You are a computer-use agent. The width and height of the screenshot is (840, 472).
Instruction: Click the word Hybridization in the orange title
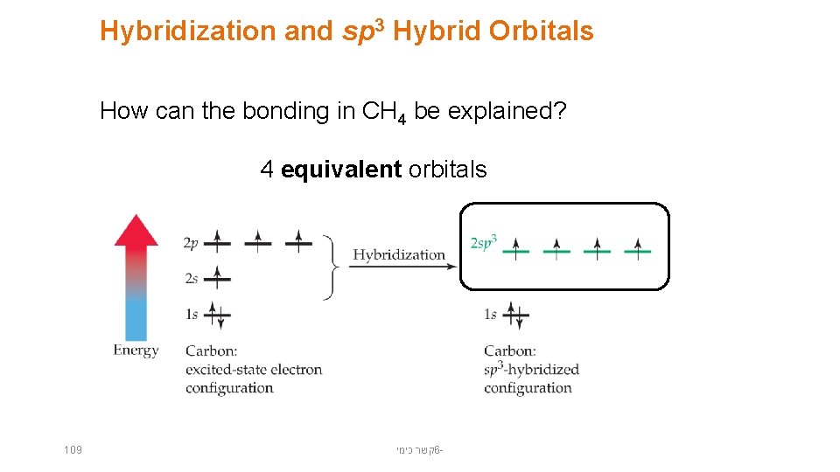pos(188,32)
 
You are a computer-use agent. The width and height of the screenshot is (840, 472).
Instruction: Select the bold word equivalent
pos(341,170)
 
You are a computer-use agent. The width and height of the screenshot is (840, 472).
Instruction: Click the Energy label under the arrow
pos(136,351)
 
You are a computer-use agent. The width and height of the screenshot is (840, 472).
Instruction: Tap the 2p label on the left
pos(192,244)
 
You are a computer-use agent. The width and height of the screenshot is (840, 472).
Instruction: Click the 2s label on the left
pos(192,279)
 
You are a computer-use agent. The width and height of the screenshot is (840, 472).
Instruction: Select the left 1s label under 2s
pos(192,314)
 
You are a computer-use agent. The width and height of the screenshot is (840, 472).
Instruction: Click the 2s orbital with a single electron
pos(218,279)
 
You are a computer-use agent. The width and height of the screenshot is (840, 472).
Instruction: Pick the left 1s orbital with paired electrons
pos(218,314)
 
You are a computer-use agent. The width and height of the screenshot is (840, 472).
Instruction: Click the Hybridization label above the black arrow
pos(399,255)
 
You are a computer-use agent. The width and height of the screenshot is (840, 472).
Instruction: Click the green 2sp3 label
pos(484,242)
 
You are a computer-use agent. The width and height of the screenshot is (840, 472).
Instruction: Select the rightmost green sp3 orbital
pos(637,250)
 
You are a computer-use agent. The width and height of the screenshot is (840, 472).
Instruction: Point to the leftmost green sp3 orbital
pos(516,250)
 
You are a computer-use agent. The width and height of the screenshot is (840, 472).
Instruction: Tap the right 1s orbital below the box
pos(516,315)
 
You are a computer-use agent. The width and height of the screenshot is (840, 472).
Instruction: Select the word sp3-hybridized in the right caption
pos(531,370)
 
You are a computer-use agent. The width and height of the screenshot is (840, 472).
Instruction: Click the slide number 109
pos(73,450)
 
